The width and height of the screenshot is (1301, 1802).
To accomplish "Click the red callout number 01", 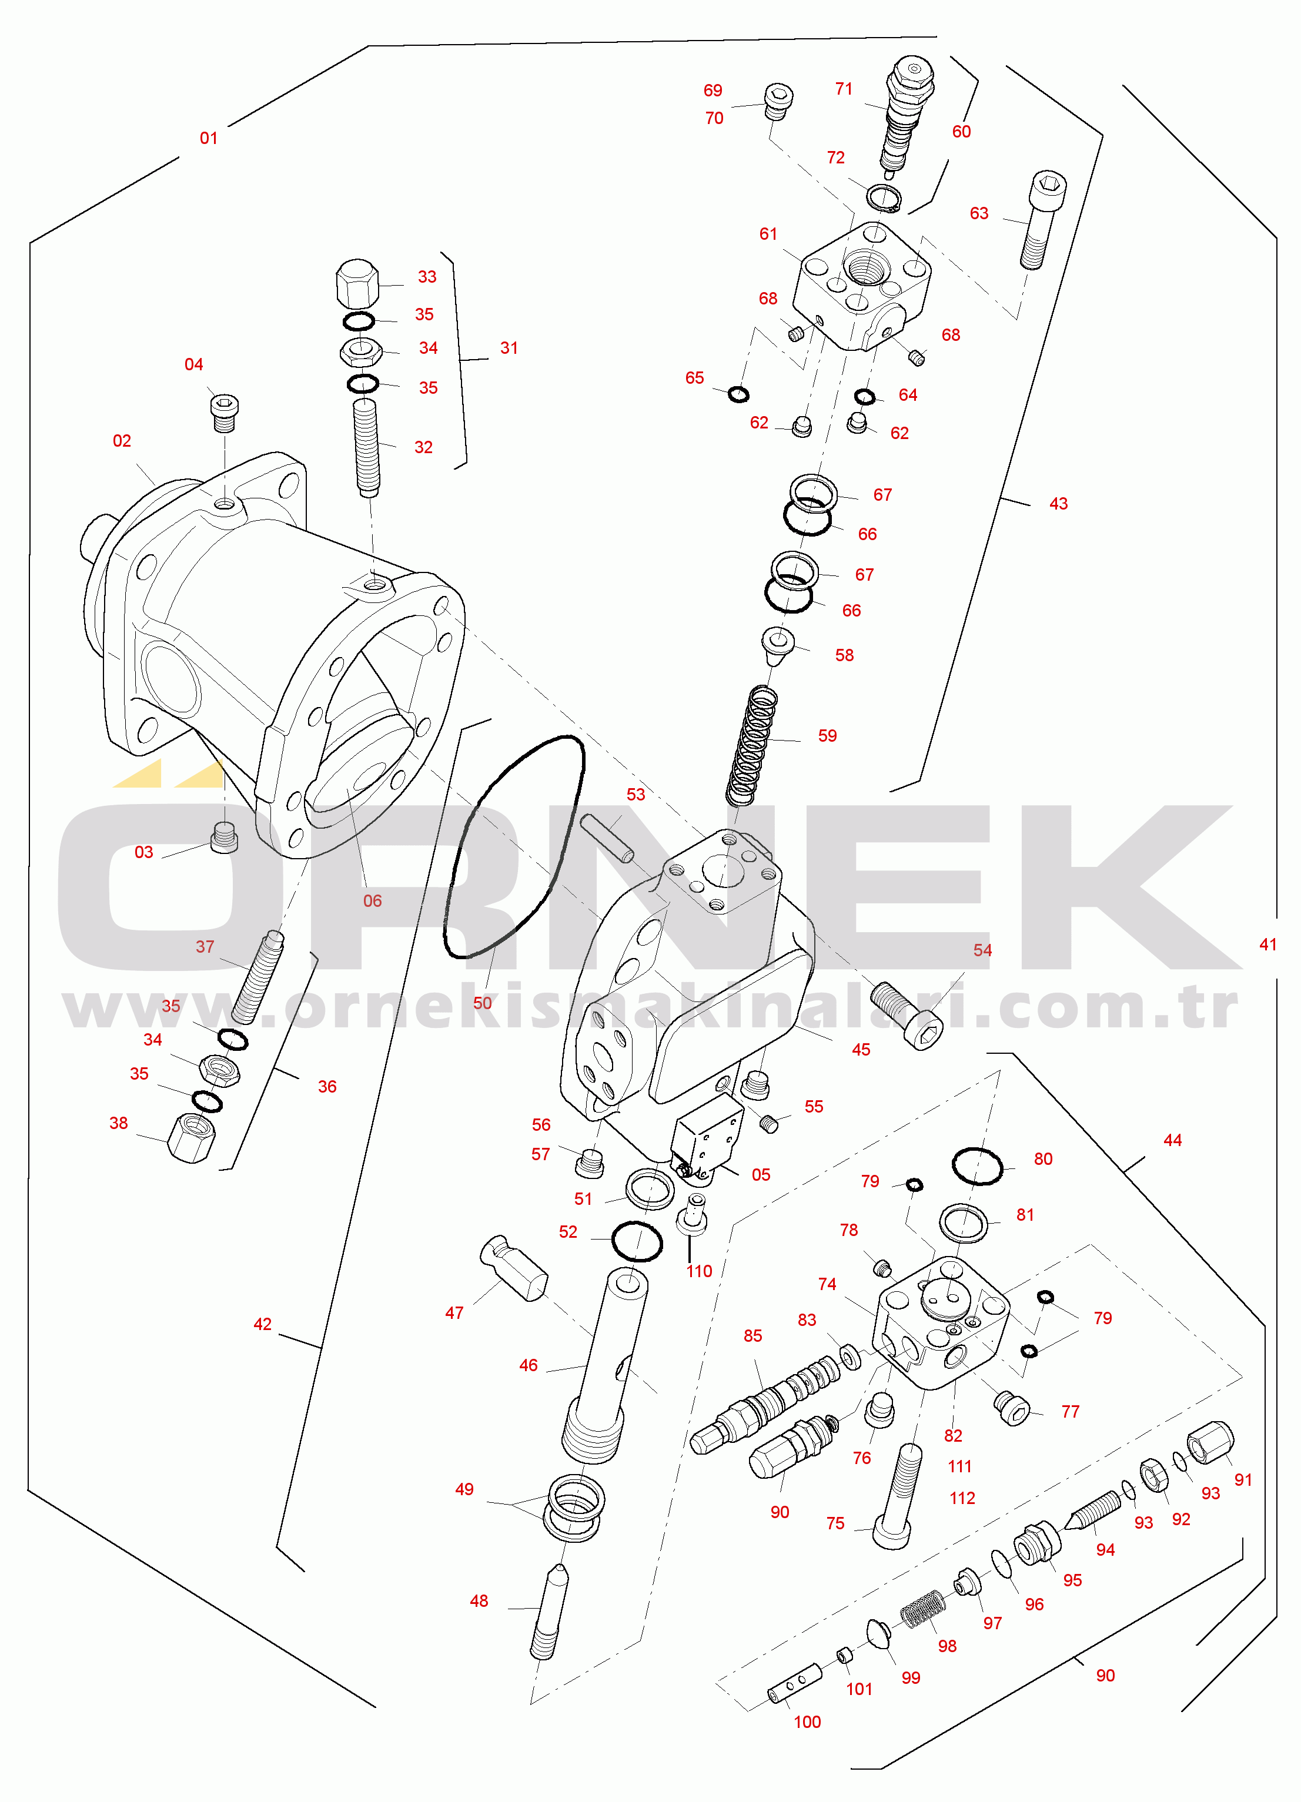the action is [208, 138].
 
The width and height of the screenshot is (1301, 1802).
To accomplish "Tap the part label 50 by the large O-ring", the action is [483, 1003].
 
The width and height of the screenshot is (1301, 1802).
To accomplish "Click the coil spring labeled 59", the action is [752, 745].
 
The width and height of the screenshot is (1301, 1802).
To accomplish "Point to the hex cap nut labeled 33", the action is [357, 284].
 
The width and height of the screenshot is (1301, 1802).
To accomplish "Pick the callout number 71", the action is [844, 89].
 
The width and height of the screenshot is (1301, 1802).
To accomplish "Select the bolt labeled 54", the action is [907, 1016].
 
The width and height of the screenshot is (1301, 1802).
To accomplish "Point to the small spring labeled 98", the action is [923, 1608].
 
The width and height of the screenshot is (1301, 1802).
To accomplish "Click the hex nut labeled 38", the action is [192, 1138].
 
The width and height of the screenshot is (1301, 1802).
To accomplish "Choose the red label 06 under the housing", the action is [373, 901].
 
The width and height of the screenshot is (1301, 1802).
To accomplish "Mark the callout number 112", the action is [962, 1499].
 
